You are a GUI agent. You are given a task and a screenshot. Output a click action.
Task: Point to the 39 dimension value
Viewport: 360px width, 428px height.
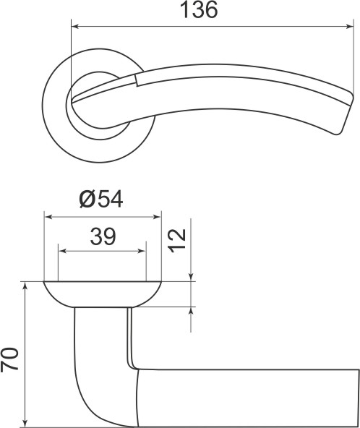click(x=103, y=236)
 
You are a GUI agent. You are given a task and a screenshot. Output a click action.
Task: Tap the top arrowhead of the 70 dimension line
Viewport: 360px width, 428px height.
click(x=26, y=287)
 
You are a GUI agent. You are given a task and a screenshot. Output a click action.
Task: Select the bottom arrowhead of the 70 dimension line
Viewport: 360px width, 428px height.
click(x=26, y=421)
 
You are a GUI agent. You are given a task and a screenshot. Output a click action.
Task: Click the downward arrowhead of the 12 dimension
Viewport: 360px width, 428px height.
click(x=192, y=276)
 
